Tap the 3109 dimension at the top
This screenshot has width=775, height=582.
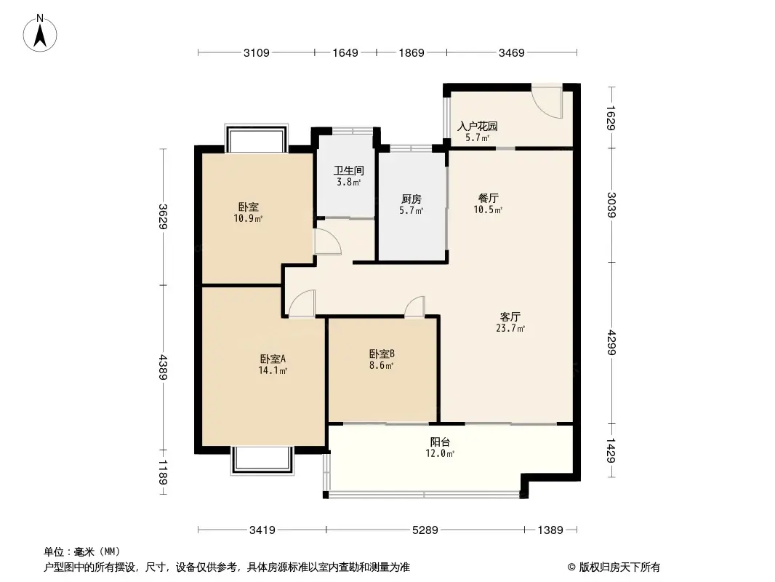[x=257, y=52]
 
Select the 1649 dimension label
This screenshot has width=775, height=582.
[x=345, y=52]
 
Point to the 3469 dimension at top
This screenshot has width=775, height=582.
[x=512, y=52]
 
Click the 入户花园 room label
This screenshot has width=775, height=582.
[x=477, y=126]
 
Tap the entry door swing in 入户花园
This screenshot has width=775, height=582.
[x=547, y=101]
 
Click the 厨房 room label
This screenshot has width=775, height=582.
[x=411, y=199]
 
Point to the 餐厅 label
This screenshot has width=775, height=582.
[x=488, y=198]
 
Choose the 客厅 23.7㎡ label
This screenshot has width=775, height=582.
[x=510, y=322]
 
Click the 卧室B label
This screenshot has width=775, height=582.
[x=382, y=354]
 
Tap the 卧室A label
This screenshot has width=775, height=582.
[x=273, y=359]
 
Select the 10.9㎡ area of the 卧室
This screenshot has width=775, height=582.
[x=249, y=218]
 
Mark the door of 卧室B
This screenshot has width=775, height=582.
[x=416, y=307]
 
